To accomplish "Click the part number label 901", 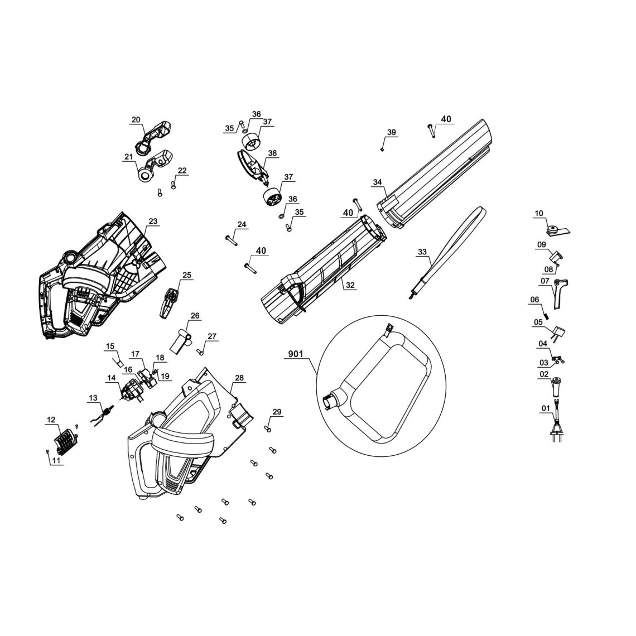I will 297,354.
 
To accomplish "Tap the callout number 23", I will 152,221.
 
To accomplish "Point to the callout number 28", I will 239,378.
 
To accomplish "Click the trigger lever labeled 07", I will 559,293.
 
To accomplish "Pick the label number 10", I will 538,213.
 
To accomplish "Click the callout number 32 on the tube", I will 350,285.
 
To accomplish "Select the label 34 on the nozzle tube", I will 377,182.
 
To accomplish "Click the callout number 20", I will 136,119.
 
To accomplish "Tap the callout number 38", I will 272,153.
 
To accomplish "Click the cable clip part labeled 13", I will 101,415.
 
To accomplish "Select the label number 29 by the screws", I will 277,412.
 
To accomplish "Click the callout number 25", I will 187,275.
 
